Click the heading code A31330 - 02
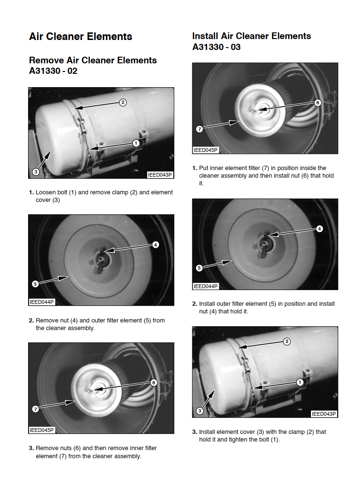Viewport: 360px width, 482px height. (x=53, y=71)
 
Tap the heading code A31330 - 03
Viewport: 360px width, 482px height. (x=217, y=47)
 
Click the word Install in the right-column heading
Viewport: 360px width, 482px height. (x=205, y=36)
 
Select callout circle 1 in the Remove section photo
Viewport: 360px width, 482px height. (x=136, y=143)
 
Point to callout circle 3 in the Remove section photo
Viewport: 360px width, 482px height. (x=36, y=172)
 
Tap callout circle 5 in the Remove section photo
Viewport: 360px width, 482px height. (x=35, y=284)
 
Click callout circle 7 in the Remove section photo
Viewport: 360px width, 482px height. (x=36, y=409)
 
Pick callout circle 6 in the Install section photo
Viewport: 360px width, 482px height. (x=318, y=103)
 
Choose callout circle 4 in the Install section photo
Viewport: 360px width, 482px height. (x=320, y=229)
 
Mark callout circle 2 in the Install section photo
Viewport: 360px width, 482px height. (x=287, y=341)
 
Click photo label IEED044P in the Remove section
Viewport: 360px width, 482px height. (x=41, y=302)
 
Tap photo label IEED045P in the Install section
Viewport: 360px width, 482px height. (x=205, y=150)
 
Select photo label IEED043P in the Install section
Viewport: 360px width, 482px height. (x=324, y=414)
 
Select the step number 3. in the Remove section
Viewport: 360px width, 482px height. (x=31, y=448)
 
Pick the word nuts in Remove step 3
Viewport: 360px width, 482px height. (x=64, y=448)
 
